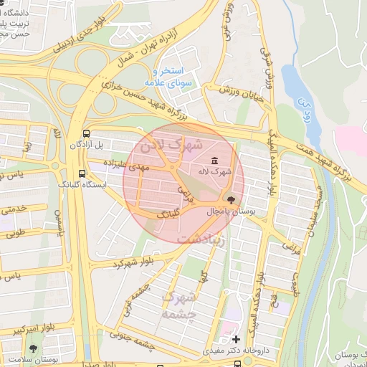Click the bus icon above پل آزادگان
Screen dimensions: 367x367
point(86,133)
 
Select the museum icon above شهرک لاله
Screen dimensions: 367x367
point(216,161)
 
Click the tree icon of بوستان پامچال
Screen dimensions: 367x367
point(230,201)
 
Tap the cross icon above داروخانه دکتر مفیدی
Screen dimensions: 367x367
point(237,338)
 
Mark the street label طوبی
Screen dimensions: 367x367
point(16,232)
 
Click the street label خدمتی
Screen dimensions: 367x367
point(14,209)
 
